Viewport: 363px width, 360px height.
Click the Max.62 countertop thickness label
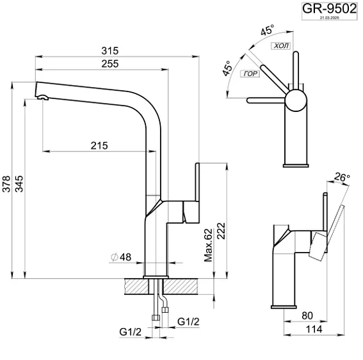point(208,246)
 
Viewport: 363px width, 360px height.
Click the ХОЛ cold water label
point(280,47)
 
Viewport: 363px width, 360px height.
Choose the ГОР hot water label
point(250,74)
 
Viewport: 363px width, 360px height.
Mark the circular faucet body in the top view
point(296,100)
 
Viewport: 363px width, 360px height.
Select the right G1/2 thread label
point(188,320)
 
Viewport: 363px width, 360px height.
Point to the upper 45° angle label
point(266,30)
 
